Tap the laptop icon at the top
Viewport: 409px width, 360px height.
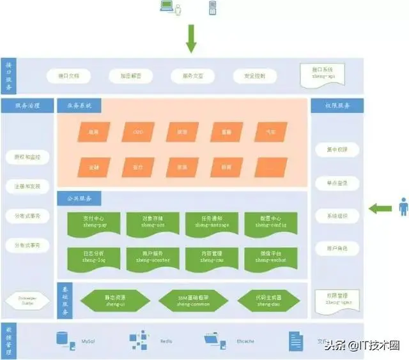[166, 8]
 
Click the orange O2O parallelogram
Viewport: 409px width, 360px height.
[138, 132]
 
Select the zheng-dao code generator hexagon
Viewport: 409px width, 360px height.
[268, 300]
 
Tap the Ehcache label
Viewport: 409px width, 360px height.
[246, 341]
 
